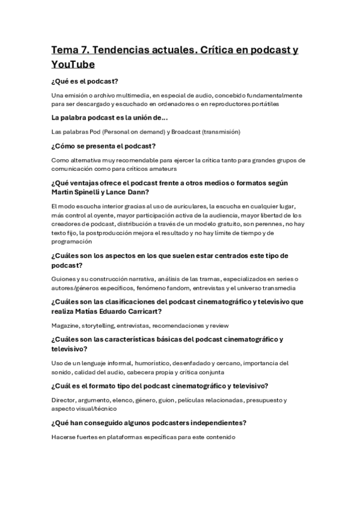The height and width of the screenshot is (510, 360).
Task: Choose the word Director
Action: pos(65,400)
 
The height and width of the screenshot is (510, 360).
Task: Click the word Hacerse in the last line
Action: pos(66,437)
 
